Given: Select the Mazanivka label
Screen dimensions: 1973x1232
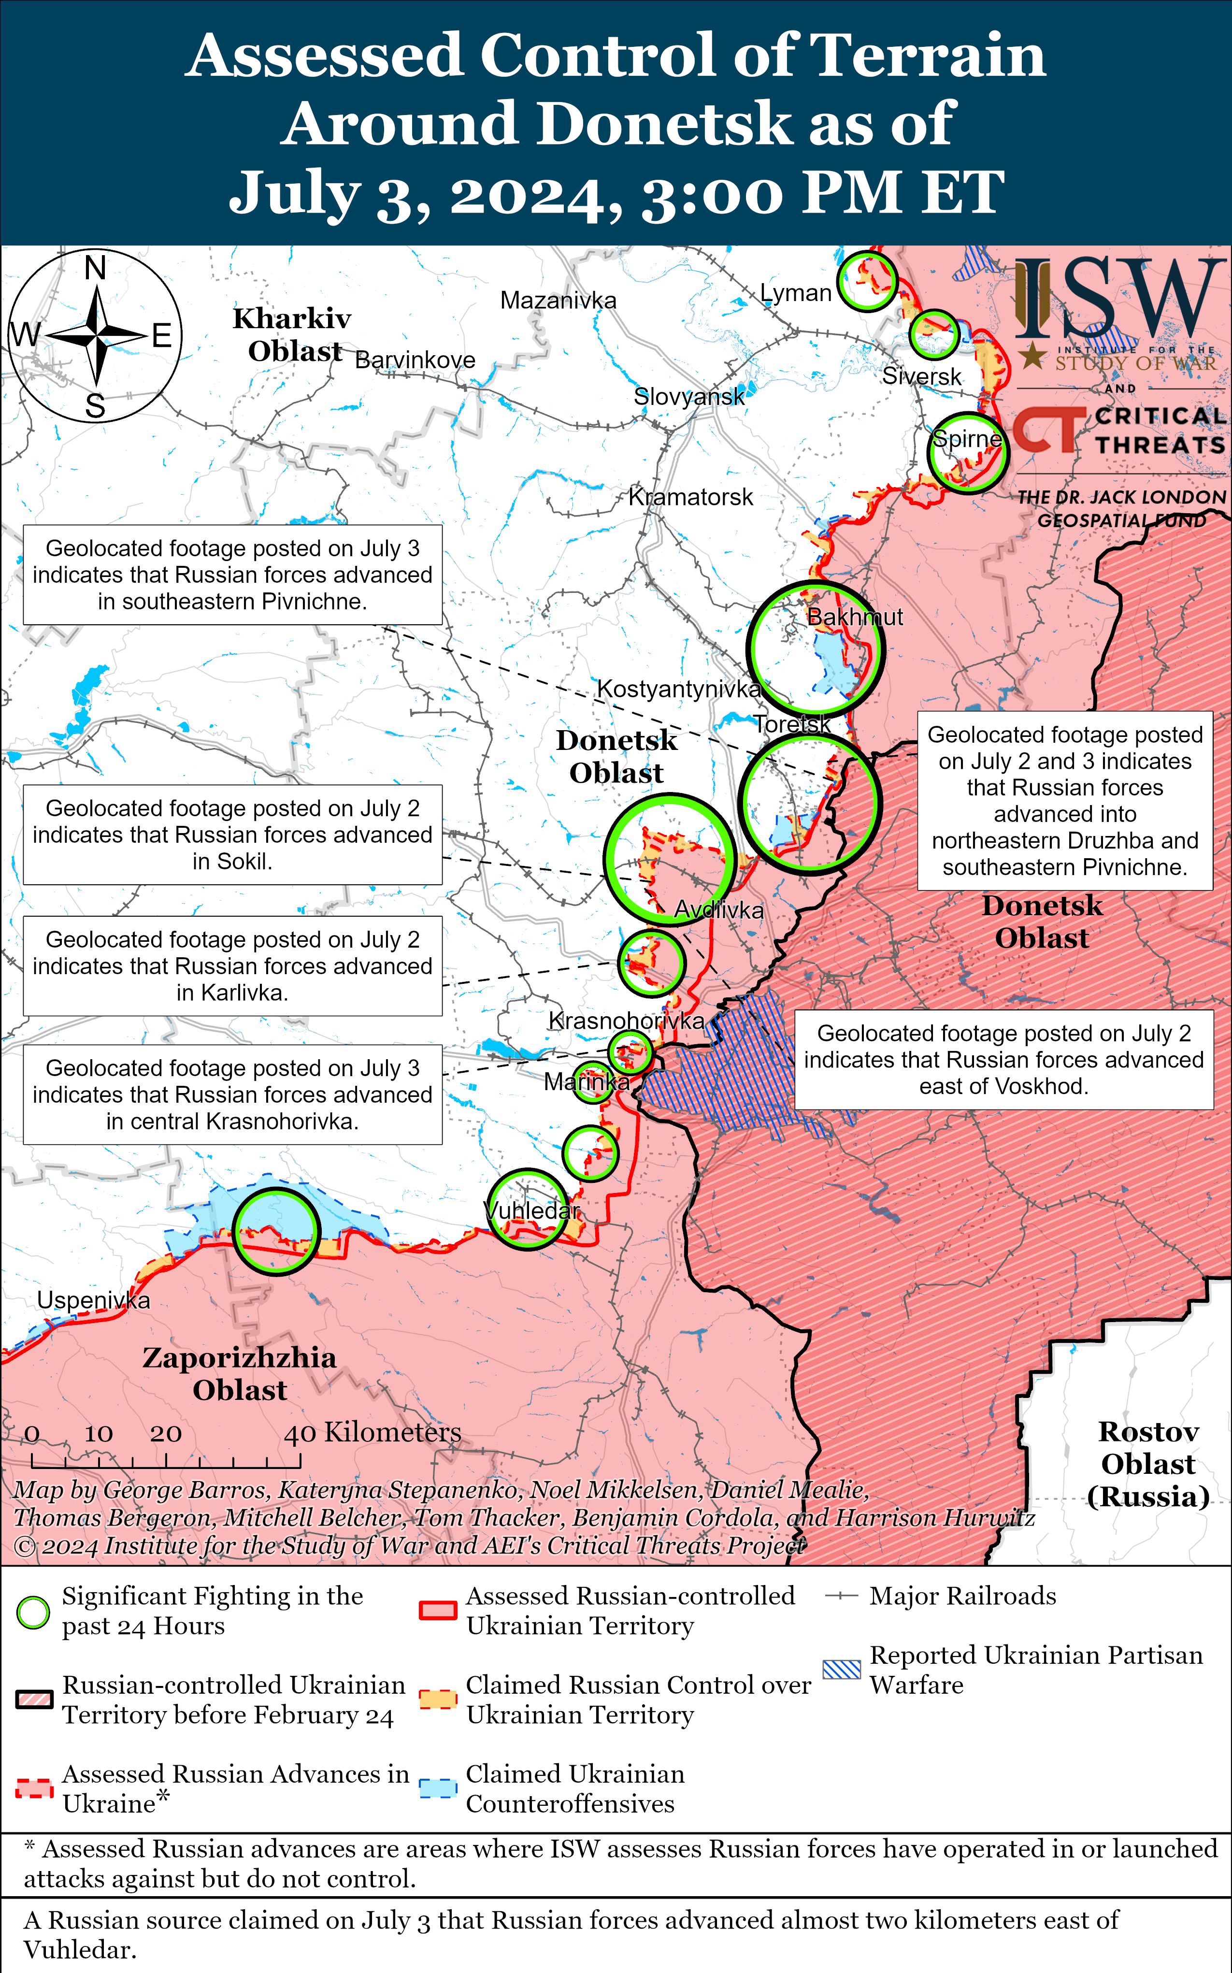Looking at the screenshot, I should (558, 300).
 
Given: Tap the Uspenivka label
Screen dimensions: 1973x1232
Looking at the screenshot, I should (94, 1300).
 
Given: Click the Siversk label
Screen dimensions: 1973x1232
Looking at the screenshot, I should (921, 376).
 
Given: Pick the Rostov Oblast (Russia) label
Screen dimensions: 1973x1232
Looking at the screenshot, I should (1148, 1464).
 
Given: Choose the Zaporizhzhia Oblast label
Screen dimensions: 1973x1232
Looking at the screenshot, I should (240, 1373).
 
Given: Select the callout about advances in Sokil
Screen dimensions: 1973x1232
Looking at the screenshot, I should (232, 835).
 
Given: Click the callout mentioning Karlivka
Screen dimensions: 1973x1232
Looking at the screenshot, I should (232, 965).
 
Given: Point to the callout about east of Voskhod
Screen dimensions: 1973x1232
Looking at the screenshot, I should (1004, 1059).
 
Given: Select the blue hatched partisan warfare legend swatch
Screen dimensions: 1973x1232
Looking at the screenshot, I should (841, 1669).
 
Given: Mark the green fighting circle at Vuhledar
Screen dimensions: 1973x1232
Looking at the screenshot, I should (527, 1210).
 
